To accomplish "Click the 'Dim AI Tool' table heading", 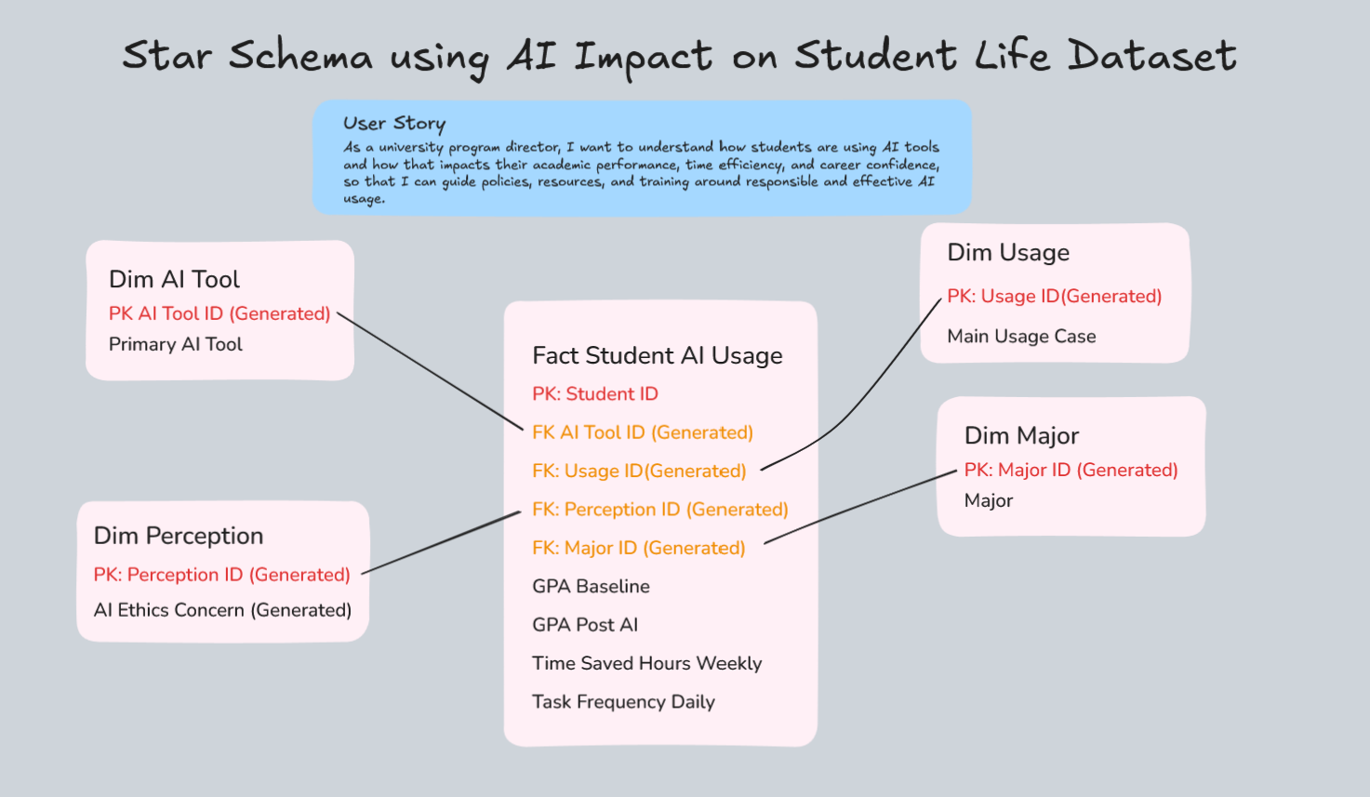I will [x=174, y=279].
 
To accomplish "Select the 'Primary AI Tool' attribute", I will [x=175, y=344].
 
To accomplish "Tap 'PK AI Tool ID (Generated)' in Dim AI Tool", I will [x=219, y=313].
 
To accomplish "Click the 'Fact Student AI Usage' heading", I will [x=657, y=355].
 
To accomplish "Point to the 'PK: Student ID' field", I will [x=594, y=393].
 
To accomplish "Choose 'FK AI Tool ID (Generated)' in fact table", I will [x=642, y=432].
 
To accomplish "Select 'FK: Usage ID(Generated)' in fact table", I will [x=639, y=471].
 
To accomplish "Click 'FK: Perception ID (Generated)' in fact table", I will [x=659, y=510].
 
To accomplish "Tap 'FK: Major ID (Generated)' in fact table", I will [x=638, y=548].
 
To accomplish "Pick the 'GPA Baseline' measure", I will [x=591, y=586].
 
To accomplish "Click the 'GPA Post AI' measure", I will [x=585, y=625].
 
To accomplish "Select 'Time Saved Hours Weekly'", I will [x=646, y=663].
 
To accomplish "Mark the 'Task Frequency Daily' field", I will [x=623, y=702].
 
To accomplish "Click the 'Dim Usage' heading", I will [x=1008, y=252].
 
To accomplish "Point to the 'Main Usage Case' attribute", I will [x=1021, y=336].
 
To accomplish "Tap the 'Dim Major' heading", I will [x=1021, y=435].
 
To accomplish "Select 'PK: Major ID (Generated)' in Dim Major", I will [x=1071, y=470].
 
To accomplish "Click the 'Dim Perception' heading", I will [x=179, y=536].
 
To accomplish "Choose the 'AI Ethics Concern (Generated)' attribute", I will [x=222, y=610].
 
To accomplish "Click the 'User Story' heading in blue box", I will [x=394, y=123].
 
